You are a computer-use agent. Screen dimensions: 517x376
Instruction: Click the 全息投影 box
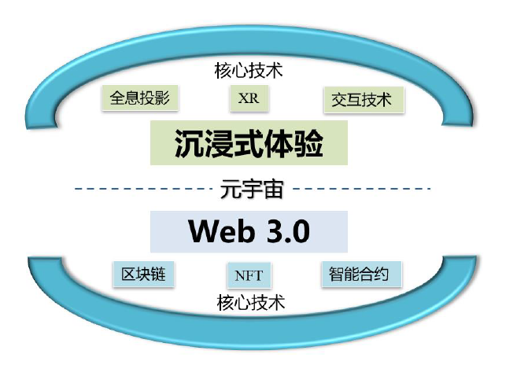click(140, 98)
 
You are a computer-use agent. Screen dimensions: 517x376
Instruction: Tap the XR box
click(249, 98)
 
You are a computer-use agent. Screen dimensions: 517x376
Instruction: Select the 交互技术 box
click(364, 100)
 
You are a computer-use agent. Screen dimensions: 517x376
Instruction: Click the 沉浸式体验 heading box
click(249, 142)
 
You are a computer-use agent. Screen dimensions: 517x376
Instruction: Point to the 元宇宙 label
click(252, 189)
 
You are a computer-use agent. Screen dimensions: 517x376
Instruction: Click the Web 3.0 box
click(249, 232)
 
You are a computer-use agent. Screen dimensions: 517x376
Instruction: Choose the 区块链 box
click(143, 275)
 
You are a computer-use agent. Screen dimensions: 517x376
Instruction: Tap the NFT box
click(249, 275)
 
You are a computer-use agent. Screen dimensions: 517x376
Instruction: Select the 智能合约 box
click(361, 275)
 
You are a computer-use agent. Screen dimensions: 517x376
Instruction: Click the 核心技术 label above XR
click(249, 71)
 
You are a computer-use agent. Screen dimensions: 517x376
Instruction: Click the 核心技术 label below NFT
click(251, 303)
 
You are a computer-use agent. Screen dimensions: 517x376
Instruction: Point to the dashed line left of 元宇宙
click(143, 189)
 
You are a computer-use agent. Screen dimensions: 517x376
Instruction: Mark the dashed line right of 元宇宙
click(362, 189)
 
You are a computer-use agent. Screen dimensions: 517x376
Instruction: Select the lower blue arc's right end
click(460, 260)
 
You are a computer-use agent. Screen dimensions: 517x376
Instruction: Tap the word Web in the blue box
click(222, 231)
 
